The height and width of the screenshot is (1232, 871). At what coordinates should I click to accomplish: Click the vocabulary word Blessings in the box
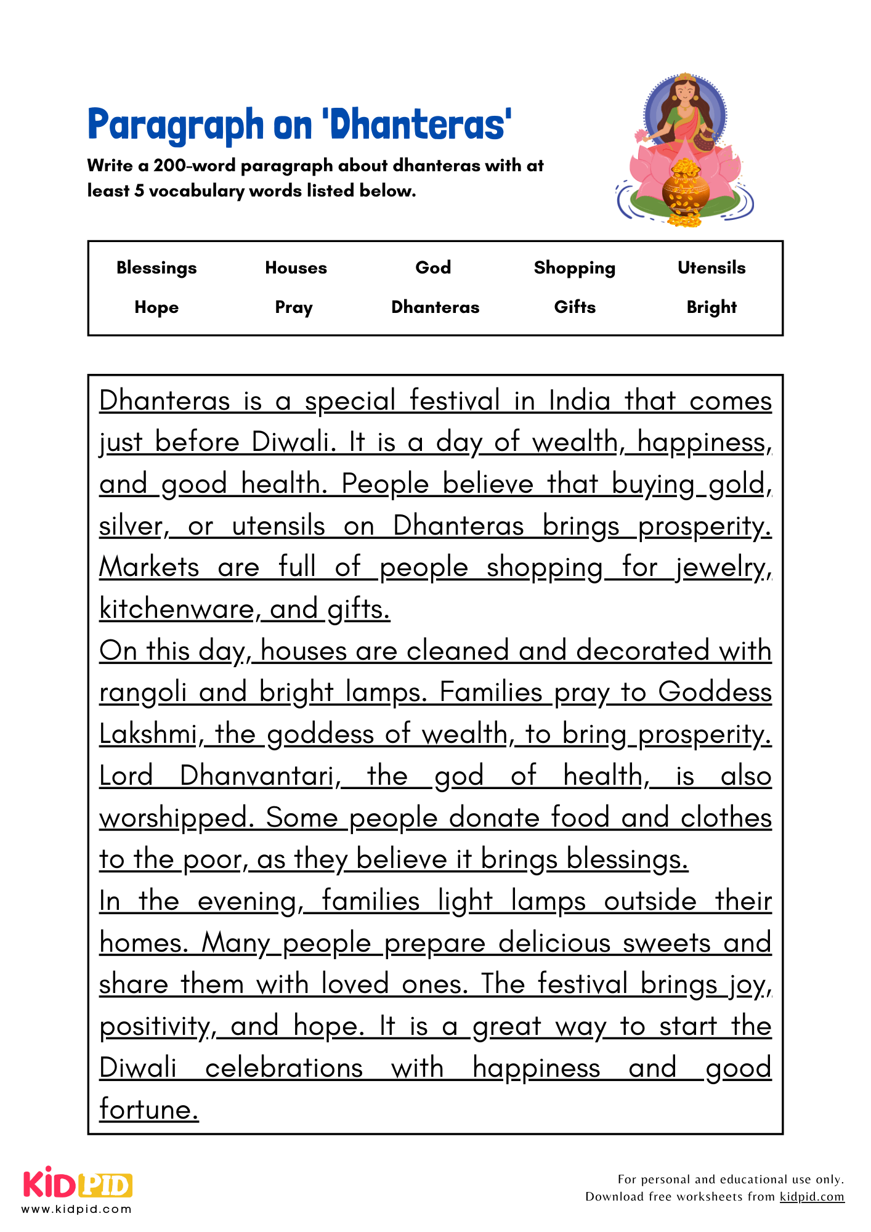coord(156,268)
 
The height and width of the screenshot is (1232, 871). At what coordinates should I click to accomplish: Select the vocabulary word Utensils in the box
coord(711,268)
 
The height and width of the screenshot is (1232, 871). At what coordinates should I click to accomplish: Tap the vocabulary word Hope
coord(156,307)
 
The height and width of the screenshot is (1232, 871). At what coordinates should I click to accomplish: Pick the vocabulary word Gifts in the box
coord(575,307)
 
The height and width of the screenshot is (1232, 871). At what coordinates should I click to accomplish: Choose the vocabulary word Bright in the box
coord(711,307)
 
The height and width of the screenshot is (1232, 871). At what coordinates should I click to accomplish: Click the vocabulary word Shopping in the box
coord(574,268)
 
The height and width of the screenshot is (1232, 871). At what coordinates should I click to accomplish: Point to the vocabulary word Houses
coord(296,268)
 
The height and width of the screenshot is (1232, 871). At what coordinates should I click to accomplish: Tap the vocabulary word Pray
coord(294,307)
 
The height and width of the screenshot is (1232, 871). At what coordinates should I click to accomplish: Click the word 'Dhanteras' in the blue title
coord(417,125)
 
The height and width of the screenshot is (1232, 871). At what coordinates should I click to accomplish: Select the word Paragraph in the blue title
coord(176,125)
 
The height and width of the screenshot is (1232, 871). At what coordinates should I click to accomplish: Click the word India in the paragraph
coord(579,402)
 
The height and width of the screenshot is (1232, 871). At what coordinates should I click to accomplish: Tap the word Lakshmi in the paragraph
coord(148,735)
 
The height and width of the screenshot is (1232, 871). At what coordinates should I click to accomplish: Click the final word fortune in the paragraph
coord(148,1110)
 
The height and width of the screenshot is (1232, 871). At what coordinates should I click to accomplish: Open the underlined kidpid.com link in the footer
coord(811,1197)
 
